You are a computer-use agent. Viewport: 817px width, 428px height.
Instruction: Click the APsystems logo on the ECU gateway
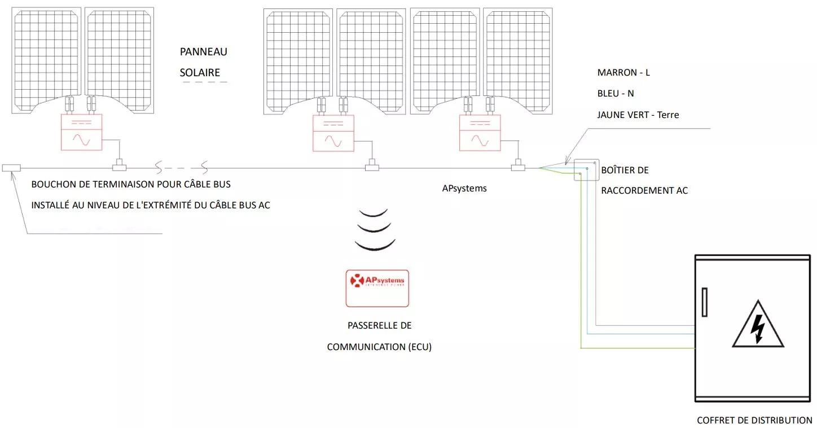[x=377, y=281]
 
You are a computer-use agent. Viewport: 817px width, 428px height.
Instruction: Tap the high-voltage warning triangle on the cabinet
[x=758, y=326]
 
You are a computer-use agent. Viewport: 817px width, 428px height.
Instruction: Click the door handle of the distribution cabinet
[x=704, y=302]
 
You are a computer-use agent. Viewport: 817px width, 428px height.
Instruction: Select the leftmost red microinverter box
[x=81, y=132]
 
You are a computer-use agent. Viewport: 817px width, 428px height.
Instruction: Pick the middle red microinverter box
[x=333, y=133]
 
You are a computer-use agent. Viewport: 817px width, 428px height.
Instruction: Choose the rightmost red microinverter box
[x=480, y=133]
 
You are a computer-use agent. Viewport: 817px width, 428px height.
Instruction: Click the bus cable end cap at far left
[x=11, y=168]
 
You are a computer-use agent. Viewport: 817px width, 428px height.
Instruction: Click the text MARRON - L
[x=623, y=73]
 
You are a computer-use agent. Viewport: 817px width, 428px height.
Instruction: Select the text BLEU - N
[x=616, y=94]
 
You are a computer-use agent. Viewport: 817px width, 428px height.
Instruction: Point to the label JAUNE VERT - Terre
[x=638, y=115]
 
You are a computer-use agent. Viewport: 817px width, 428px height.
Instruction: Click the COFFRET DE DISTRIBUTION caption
[x=754, y=420]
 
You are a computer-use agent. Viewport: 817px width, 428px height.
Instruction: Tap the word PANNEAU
[x=203, y=52]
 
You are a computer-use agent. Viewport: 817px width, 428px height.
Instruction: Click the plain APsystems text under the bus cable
[x=464, y=189]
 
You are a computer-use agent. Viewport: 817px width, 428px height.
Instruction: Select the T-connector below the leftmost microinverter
[x=120, y=166]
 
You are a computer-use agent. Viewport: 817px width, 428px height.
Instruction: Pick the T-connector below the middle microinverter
[x=372, y=167]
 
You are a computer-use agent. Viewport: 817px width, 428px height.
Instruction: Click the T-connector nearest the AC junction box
[x=518, y=167]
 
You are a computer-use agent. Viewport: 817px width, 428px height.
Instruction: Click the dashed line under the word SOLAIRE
[x=204, y=82]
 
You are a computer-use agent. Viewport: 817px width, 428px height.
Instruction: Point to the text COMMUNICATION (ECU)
[x=379, y=347]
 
